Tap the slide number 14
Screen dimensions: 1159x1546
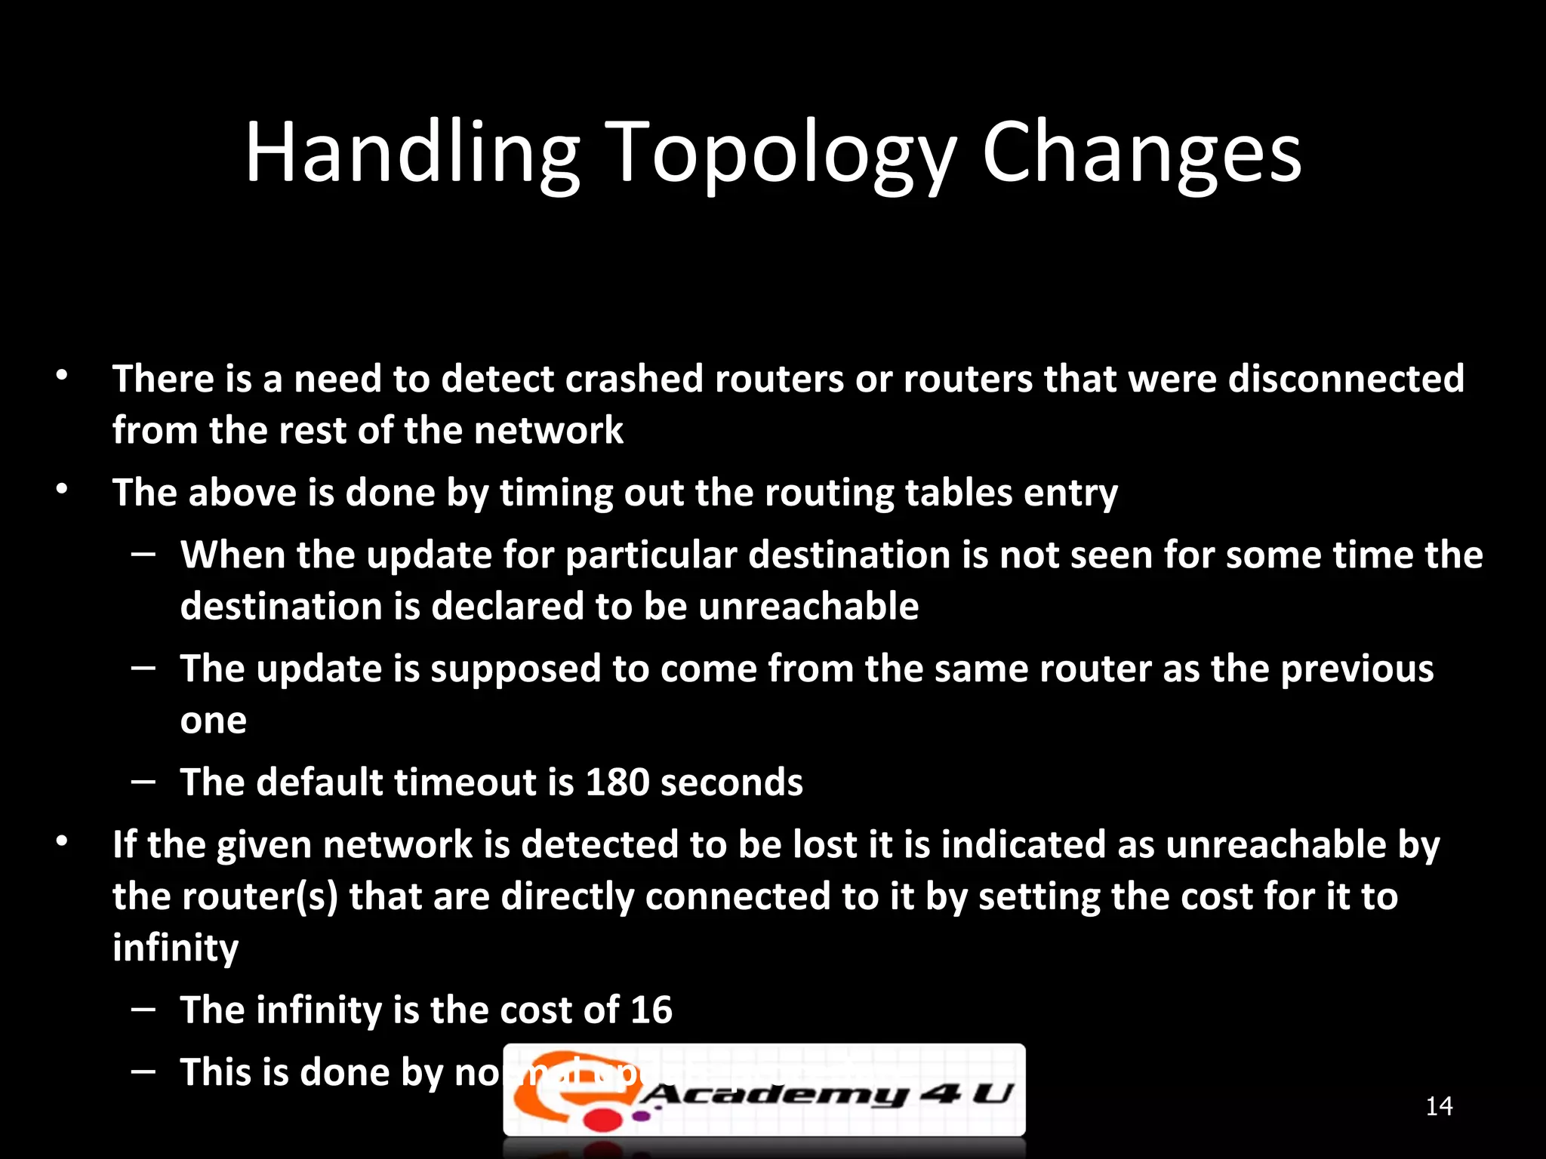(x=1439, y=1106)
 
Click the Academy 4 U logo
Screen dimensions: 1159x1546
(x=764, y=1090)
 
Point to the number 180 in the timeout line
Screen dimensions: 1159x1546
(x=617, y=782)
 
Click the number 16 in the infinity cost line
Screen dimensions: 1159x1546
(x=651, y=1010)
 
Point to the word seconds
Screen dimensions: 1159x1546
(x=731, y=782)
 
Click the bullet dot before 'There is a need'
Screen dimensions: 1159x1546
(x=62, y=376)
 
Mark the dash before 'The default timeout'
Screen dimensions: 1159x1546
(x=143, y=782)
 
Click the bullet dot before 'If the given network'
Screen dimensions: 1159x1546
(x=62, y=841)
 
